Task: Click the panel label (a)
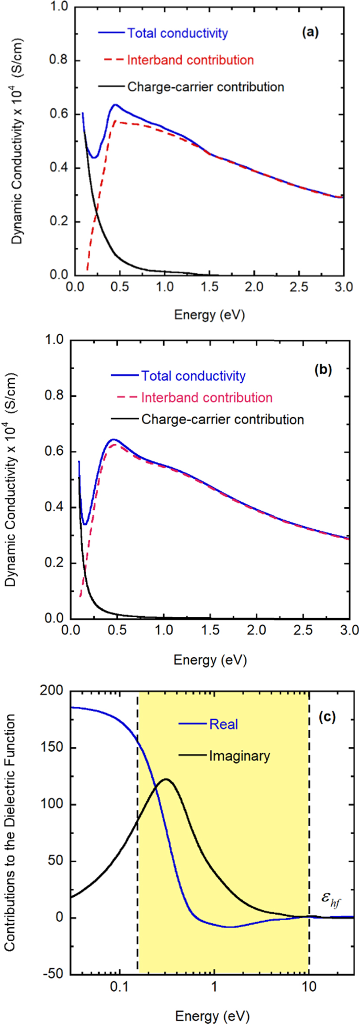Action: point(310,32)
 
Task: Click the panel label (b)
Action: point(322,369)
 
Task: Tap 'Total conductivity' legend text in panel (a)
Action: point(177,33)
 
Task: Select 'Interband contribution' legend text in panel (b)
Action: point(207,397)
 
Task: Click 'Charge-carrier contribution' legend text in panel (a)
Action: point(206,87)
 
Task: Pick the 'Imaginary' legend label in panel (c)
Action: point(240,756)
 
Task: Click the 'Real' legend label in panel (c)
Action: point(223,724)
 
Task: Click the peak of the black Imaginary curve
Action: point(166,779)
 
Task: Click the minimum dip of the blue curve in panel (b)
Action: point(85,524)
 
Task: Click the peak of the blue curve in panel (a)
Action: point(115,105)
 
